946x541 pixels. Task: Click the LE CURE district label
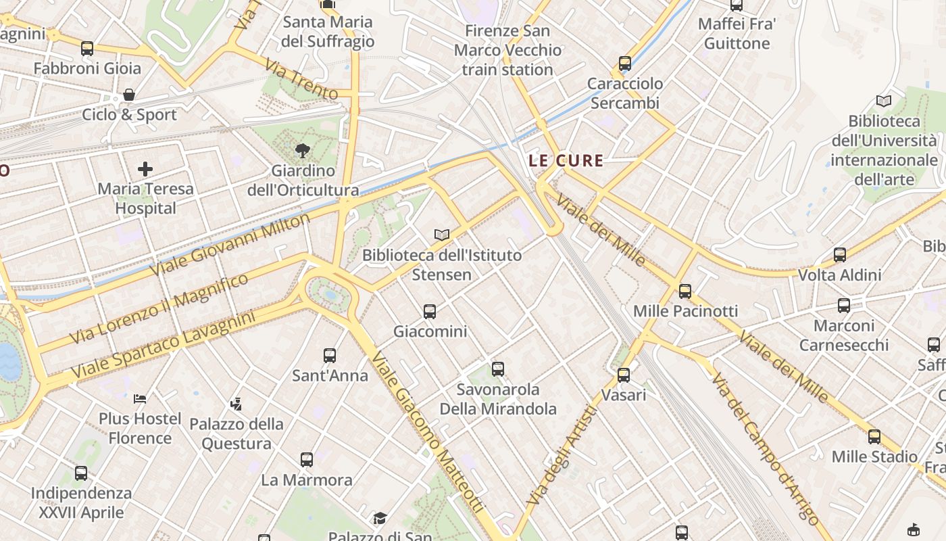[x=566, y=161]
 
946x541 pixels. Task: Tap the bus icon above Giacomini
[x=430, y=312]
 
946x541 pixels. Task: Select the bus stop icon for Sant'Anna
[x=330, y=356]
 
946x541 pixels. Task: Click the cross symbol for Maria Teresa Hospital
[x=145, y=169]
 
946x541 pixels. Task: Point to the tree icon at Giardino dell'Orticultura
[x=302, y=151]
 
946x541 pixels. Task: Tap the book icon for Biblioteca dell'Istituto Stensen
[x=442, y=235]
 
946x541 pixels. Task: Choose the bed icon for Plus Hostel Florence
[x=140, y=398]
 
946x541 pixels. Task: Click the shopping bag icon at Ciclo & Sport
[x=129, y=95]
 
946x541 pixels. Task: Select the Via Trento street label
[x=301, y=80]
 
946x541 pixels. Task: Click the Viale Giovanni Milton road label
[x=230, y=244]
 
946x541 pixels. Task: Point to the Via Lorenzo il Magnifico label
[x=159, y=308]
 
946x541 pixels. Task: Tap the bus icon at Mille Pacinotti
[x=685, y=291]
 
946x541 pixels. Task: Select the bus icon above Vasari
[x=624, y=375]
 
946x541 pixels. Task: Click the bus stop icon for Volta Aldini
[x=840, y=255]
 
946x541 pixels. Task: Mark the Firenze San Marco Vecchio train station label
[x=507, y=50]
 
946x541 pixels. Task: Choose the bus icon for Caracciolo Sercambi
[x=625, y=64]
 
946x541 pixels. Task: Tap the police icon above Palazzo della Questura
[x=236, y=404]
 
